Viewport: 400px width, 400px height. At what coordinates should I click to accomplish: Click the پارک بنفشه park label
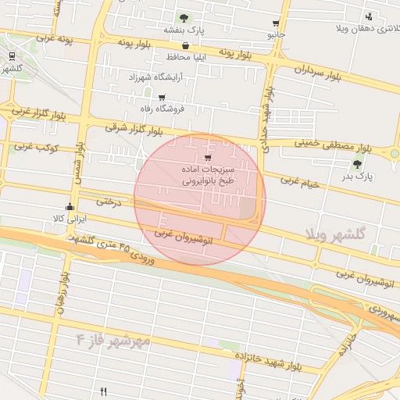pos(184,30)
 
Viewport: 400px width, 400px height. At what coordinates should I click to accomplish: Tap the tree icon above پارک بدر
pos(358,164)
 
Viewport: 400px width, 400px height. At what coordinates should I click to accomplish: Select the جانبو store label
pos(277,35)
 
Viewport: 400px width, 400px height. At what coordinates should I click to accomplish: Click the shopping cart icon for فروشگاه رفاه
pos(162,98)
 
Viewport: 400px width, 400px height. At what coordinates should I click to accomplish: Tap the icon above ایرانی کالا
pos(70,206)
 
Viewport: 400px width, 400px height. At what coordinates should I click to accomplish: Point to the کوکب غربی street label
pos(34,146)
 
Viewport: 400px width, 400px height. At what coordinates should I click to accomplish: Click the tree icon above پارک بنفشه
pos(184,17)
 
